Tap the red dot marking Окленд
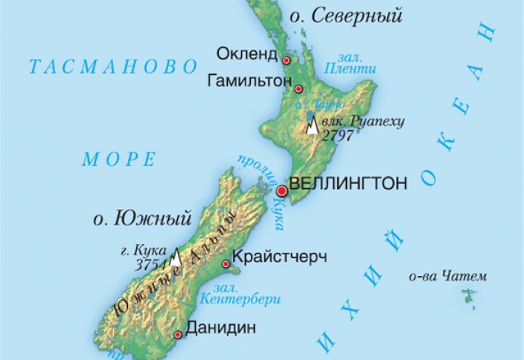tap(285, 60)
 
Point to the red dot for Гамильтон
tap(298, 89)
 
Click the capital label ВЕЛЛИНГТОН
tap(348, 183)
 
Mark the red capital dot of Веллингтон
tap(281, 192)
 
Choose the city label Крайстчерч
tap(280, 257)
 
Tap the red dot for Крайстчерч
tap(226, 264)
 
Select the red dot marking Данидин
tap(178, 335)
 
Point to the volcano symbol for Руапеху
tap(313, 126)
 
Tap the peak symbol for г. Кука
tap(176, 257)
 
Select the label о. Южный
tap(141, 219)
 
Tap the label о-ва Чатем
tap(448, 277)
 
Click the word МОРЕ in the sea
tap(119, 158)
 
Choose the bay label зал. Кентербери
tap(239, 294)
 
